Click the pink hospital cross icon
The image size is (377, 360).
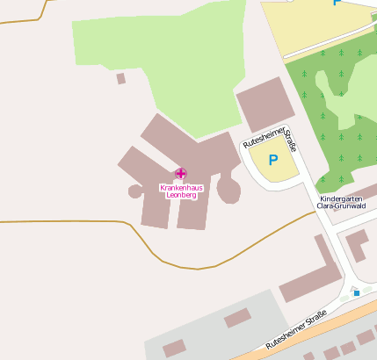click(180, 174)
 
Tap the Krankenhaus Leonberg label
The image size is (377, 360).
click(178, 191)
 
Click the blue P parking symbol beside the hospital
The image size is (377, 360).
click(272, 161)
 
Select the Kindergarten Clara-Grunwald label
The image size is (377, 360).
click(345, 205)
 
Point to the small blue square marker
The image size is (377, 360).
click(357, 293)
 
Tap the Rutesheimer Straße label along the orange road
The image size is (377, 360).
click(296, 330)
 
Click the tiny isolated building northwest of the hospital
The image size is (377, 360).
click(120, 78)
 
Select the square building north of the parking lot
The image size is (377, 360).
click(265, 104)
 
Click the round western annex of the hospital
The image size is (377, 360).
click(136, 191)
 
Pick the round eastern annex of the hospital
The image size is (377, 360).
click(228, 189)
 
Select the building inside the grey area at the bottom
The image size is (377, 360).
click(237, 318)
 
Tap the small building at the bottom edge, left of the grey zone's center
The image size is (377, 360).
click(174, 349)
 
